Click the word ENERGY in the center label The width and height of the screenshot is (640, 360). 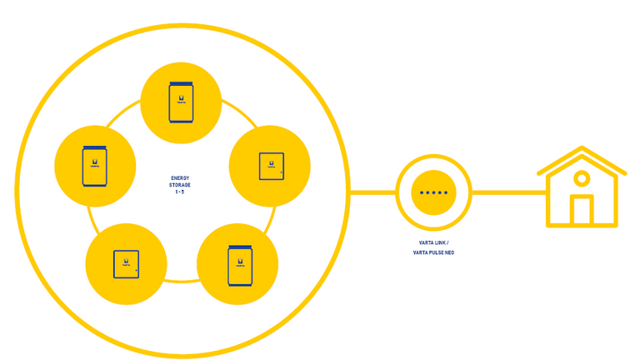point(180,178)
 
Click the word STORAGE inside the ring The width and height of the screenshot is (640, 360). point(180,185)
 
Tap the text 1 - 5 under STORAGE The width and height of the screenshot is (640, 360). point(180,192)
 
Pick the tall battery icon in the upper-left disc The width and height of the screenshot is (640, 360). point(95,167)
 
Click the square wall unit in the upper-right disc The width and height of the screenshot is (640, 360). point(270,166)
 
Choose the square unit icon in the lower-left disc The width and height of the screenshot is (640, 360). point(127,263)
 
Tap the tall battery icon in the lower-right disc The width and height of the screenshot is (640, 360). point(237,265)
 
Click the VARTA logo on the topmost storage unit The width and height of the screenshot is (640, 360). point(181,102)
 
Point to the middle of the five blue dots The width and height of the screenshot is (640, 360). point(433,192)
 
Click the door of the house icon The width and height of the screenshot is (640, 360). point(582,211)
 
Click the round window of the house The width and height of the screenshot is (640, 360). point(582,178)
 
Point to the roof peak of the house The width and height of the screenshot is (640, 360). point(582,150)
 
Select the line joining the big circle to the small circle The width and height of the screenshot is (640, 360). point(372,192)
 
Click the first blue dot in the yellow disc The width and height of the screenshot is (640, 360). point(422,192)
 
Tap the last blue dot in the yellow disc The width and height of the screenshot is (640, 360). point(445,192)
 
